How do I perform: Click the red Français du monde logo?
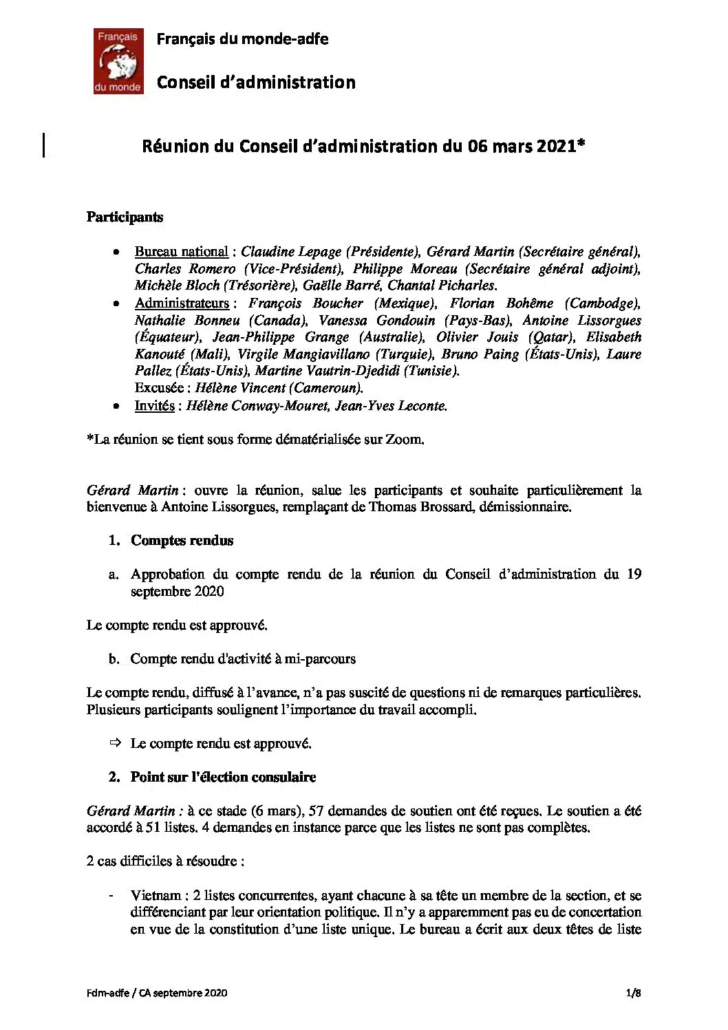tap(118, 61)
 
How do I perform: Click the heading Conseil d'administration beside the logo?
tap(256, 83)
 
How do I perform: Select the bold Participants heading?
tap(125, 217)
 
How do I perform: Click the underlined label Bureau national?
tap(181, 252)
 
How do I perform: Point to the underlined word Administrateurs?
tap(182, 303)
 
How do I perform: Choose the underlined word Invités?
tap(154, 406)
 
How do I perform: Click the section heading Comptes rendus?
tap(182, 541)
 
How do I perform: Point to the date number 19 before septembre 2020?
tap(634, 574)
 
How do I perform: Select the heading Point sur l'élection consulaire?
tap(223, 777)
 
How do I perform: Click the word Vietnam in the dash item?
tap(156, 896)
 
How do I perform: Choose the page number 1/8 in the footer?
tap(633, 992)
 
